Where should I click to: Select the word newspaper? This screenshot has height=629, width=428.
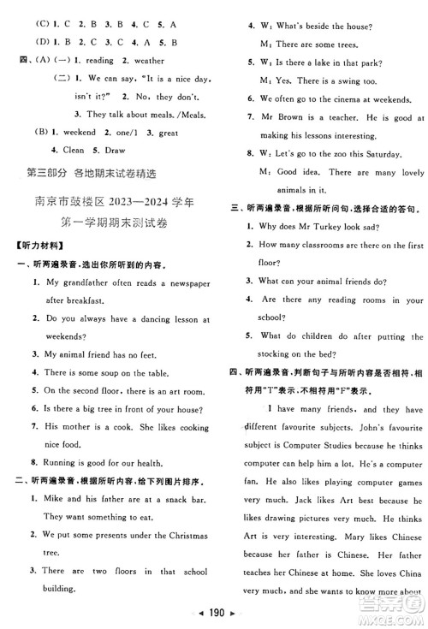[x=177, y=283]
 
